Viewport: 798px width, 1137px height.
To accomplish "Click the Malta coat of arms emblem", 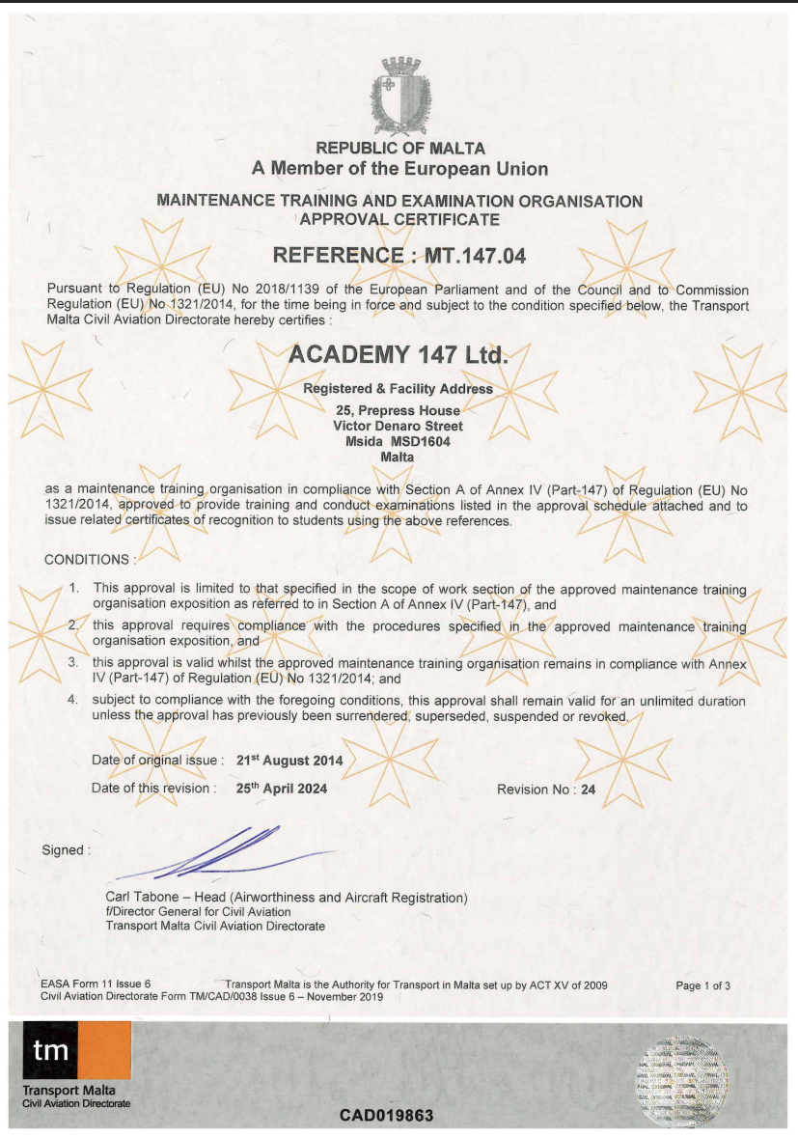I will tap(399, 97).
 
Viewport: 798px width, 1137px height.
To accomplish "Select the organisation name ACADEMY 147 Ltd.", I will tap(398, 354).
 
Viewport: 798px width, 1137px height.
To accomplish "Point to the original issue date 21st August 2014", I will tap(289, 761).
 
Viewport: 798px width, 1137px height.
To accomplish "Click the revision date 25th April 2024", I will tap(282, 789).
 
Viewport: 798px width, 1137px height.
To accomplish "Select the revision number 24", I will tap(588, 790).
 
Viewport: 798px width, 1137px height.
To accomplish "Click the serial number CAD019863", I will tap(386, 1116).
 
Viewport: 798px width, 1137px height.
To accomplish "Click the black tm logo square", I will tap(50, 1050).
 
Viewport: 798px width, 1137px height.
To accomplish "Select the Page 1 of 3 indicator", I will tap(702, 985).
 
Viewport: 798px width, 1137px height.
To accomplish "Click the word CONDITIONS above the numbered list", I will tap(87, 560).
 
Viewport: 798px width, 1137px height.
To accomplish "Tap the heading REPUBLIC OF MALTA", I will tap(400, 149).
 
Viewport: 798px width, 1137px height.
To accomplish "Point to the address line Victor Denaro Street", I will tap(398, 426).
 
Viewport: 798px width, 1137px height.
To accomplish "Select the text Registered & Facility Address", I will tap(398, 389).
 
